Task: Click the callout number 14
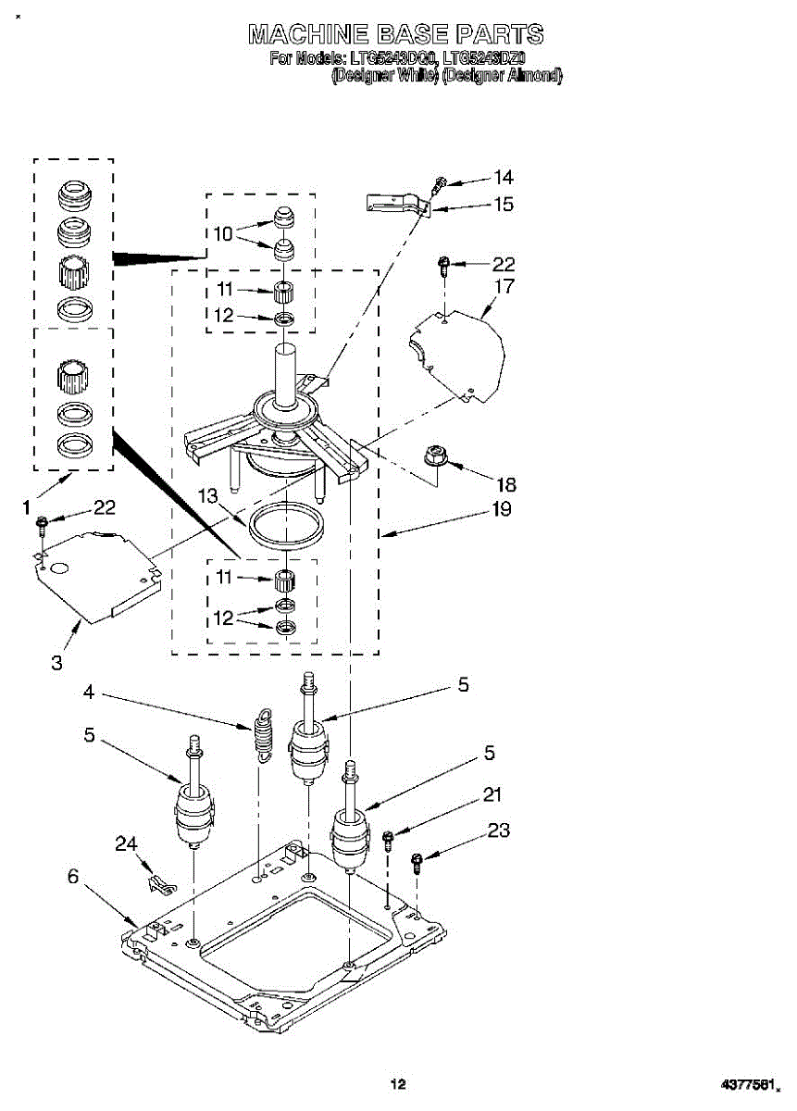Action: point(503,178)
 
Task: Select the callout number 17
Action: point(503,287)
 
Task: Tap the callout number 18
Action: point(505,484)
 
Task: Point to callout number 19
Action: point(502,509)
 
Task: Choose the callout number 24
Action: point(126,843)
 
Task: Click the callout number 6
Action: point(73,877)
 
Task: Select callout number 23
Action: point(498,830)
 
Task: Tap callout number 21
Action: point(492,793)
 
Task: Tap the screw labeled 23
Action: point(417,863)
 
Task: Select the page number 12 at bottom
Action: point(397,1084)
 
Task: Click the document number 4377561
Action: point(751,1084)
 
